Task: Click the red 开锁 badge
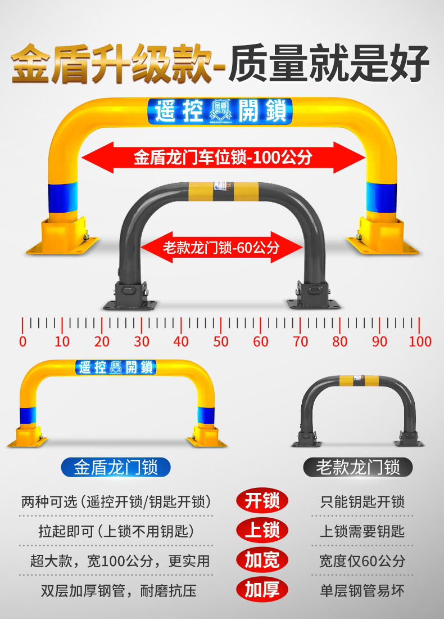[x=262, y=501]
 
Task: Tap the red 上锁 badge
[x=262, y=530]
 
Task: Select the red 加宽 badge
[x=262, y=560]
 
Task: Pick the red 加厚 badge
[x=262, y=590]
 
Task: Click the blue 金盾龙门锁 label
[x=115, y=467]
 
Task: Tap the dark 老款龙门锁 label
[x=358, y=467]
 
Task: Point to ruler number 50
[x=221, y=341]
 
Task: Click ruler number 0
[x=22, y=341]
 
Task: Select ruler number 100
[x=420, y=341]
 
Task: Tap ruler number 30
[x=142, y=341]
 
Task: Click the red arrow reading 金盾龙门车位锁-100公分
[x=223, y=158]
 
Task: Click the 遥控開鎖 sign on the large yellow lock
[x=219, y=111]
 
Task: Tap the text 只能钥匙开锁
[x=362, y=501]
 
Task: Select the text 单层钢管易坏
[x=362, y=590]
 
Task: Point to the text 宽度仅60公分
[x=362, y=560]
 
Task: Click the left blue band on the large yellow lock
[x=62, y=196]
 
